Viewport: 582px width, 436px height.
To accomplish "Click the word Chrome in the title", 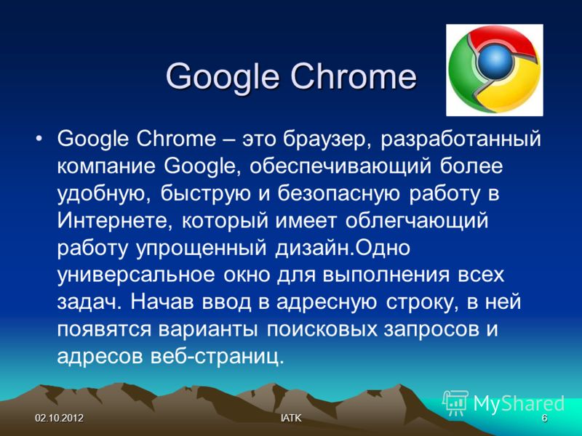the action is (354, 77).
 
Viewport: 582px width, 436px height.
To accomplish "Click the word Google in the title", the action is (223, 78).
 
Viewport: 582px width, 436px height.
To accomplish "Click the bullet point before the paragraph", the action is (39, 140).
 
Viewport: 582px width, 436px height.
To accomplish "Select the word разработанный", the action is (461, 140).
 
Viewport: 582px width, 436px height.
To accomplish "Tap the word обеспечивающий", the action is (340, 166).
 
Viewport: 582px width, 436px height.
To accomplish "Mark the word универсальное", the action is (136, 275).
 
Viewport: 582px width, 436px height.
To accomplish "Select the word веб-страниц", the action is (217, 357).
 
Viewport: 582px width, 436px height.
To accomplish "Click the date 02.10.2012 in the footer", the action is (60, 419).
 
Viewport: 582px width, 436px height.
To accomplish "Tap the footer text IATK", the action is (291, 419).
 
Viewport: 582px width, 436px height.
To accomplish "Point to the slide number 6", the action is (544, 419).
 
